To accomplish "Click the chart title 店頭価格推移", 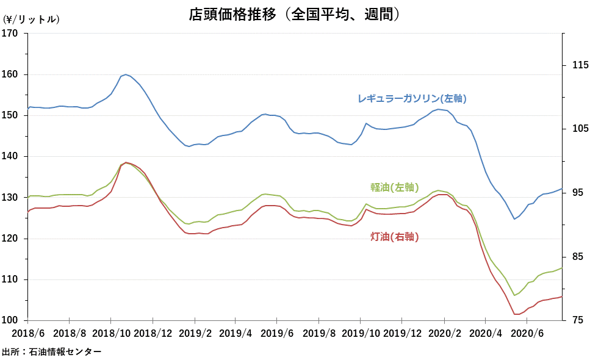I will pos(294,14).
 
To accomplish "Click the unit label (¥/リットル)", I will pos(32,20).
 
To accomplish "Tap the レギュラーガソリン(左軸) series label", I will pos(416,98).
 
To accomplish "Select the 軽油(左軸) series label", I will pos(394,187).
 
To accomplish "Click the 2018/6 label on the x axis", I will pos(27,334).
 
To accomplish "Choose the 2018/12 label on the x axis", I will pos(153,334).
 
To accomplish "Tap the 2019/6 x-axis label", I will pos(277,334).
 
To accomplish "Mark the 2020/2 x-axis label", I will pos(444,334).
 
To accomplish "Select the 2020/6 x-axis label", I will pos(527,334).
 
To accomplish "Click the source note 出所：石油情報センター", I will pos(52,351).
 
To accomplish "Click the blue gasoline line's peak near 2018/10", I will pos(125,74).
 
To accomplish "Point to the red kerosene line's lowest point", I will pos(517,314).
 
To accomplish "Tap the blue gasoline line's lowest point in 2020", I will pos(514,218).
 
